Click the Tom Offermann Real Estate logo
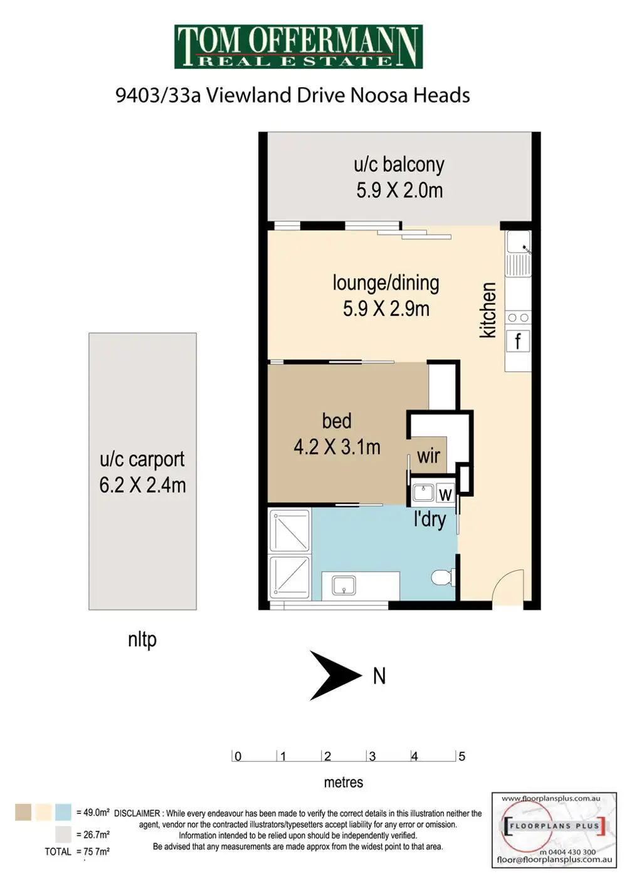tap(298, 46)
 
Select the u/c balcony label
tap(399, 165)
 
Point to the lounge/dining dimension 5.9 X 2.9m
tap(386, 309)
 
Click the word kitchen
tap(488, 310)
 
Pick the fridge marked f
tap(518, 341)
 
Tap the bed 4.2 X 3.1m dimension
tap(337, 447)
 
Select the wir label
tap(428, 456)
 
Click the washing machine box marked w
tap(445, 494)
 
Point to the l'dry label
tap(430, 519)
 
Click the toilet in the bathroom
tap(443, 577)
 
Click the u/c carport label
tap(142, 459)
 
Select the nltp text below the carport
tap(142, 640)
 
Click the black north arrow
tap(335, 675)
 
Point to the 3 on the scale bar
tap(372, 756)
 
